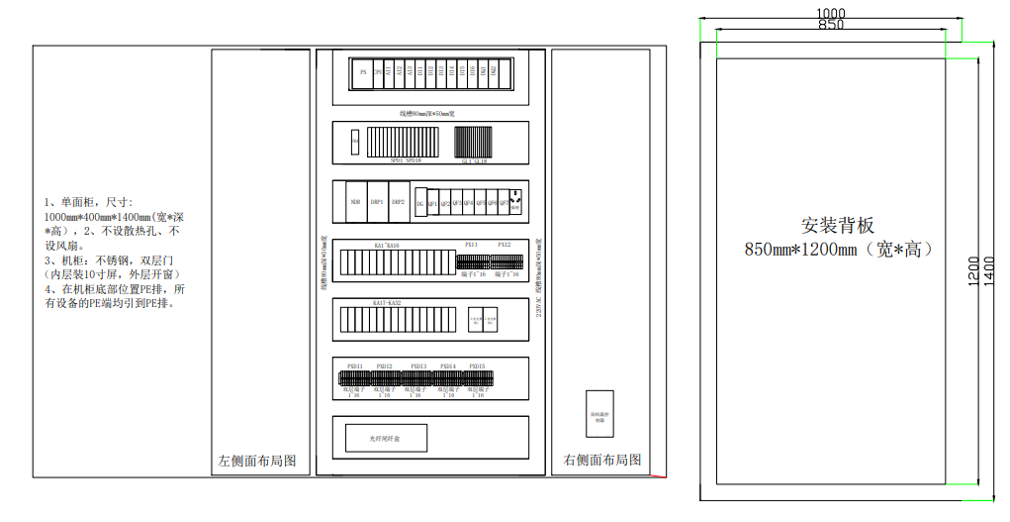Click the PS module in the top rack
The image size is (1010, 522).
click(x=363, y=72)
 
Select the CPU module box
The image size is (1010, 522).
click(x=377, y=72)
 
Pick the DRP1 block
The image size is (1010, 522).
click(x=377, y=201)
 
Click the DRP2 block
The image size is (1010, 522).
click(x=399, y=201)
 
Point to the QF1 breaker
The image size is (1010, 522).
click(x=432, y=203)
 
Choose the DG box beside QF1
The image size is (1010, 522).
click(x=420, y=203)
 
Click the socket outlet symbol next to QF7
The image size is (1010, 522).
click(x=515, y=201)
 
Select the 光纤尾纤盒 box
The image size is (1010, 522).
click(x=385, y=438)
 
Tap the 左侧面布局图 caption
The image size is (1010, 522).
click(x=257, y=462)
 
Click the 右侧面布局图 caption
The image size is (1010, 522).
click(x=602, y=461)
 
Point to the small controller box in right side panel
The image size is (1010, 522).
click(x=599, y=414)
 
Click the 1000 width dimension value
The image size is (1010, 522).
click(x=830, y=13)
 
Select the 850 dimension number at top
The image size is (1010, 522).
click(x=831, y=25)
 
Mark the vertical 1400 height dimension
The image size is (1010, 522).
click(x=990, y=266)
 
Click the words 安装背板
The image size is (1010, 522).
click(x=838, y=226)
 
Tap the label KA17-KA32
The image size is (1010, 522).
click(x=387, y=302)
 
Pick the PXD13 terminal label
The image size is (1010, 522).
click(x=419, y=366)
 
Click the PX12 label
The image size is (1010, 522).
click(x=505, y=244)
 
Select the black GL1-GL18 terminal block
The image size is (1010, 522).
click(x=473, y=142)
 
